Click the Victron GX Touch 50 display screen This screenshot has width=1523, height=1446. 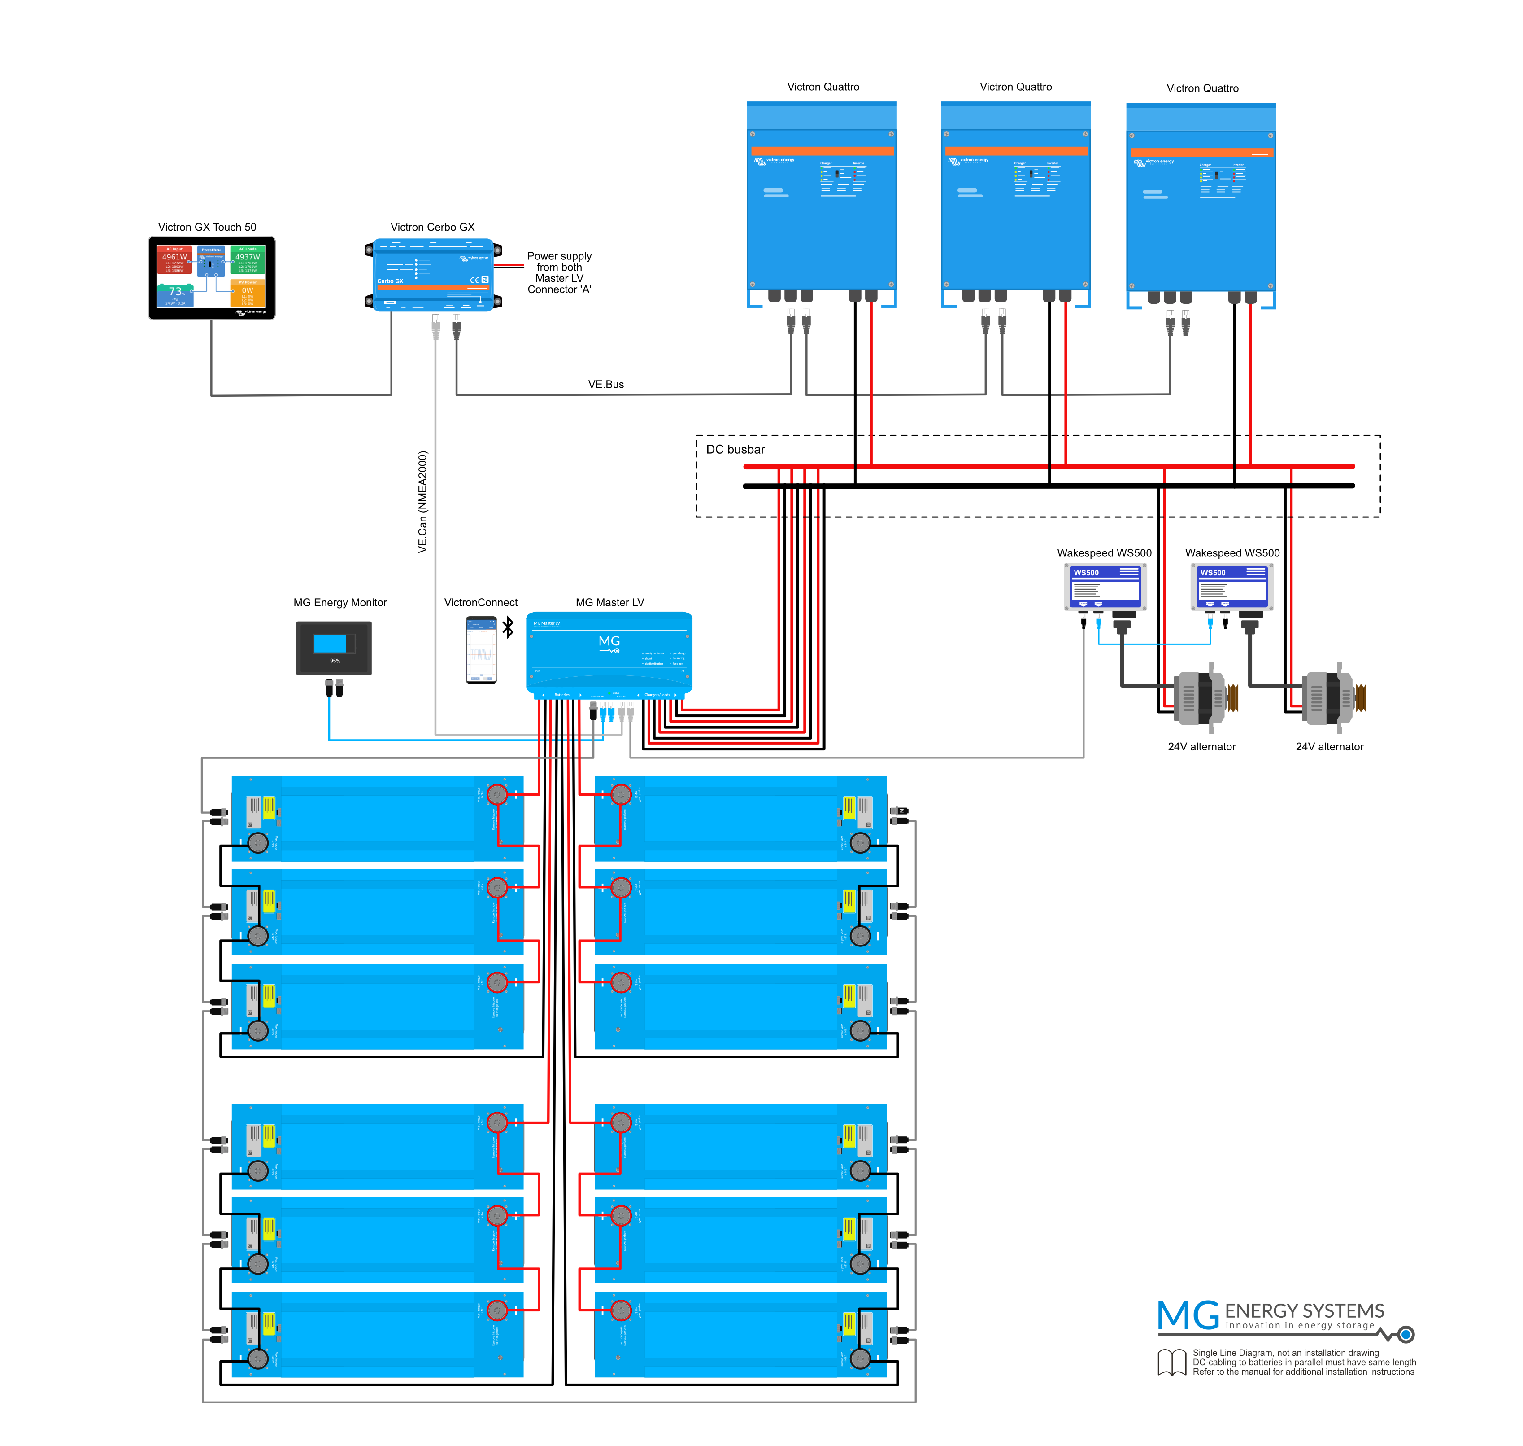[x=211, y=277]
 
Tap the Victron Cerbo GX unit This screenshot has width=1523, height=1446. [x=432, y=275]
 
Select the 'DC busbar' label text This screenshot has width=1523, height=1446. [x=735, y=449]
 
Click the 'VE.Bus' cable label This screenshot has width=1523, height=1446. [x=605, y=384]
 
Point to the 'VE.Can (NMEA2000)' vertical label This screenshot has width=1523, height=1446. [x=422, y=501]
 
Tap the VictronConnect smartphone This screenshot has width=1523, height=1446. [x=481, y=649]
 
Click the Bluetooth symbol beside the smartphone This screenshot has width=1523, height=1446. [x=508, y=627]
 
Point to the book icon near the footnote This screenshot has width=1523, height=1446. [x=1172, y=1362]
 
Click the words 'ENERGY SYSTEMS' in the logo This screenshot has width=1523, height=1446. [x=1304, y=1310]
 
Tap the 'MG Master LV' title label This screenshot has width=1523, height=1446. [x=609, y=602]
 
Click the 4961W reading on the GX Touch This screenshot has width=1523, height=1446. [x=174, y=257]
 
